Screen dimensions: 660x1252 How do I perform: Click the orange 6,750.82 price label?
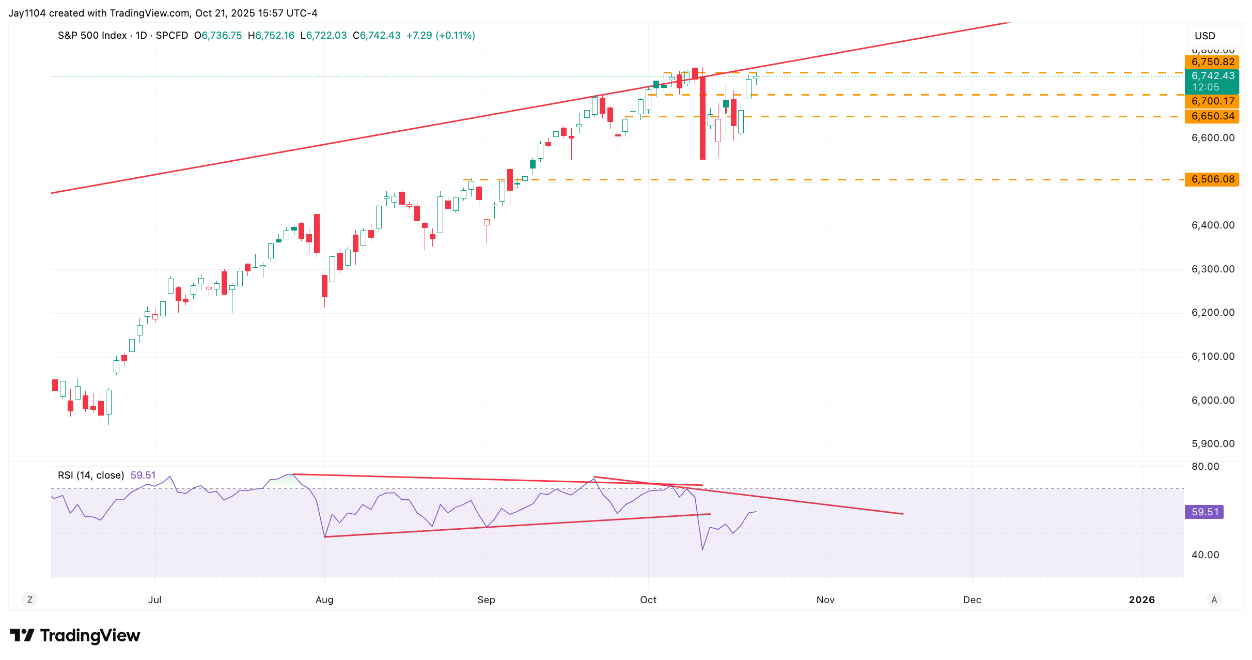(x=1212, y=62)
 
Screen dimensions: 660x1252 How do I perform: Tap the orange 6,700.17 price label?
(x=1212, y=101)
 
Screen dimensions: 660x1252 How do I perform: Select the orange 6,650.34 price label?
(x=1212, y=116)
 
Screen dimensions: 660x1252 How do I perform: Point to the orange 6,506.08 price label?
(x=1212, y=179)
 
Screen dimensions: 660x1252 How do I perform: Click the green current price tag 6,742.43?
(x=1212, y=76)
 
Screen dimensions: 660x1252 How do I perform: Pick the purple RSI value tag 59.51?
(x=1204, y=512)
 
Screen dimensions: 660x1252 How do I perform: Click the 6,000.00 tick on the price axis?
(x=1213, y=401)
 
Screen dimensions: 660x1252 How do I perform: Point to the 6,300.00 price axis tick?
(x=1213, y=269)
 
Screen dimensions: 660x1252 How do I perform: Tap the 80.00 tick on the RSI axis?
(x=1205, y=467)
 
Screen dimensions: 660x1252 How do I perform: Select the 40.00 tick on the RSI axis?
(x=1205, y=555)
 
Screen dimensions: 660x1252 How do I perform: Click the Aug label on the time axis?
(x=324, y=600)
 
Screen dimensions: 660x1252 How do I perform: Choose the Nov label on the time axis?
(x=825, y=600)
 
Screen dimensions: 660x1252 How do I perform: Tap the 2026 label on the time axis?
(x=1141, y=600)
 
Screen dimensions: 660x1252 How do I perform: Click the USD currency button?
(x=1205, y=36)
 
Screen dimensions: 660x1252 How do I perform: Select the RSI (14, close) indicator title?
(x=91, y=475)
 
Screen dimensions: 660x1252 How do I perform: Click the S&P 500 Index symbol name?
(x=92, y=36)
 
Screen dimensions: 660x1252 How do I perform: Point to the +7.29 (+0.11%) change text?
(x=441, y=36)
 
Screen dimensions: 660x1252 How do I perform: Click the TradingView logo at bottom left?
(x=75, y=636)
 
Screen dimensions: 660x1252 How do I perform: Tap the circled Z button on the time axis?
(x=30, y=600)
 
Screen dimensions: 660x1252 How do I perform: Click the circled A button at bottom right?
(x=1214, y=600)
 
